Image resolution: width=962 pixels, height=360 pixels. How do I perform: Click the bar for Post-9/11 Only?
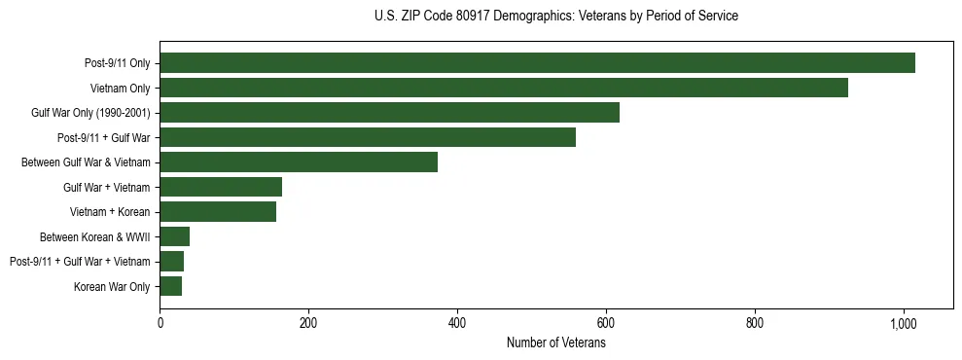[x=537, y=63]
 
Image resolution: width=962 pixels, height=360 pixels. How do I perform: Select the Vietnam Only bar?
[x=504, y=88]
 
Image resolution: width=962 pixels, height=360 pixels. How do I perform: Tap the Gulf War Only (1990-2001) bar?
[x=389, y=113]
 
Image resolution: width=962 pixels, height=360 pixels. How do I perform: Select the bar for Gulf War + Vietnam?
[x=221, y=187]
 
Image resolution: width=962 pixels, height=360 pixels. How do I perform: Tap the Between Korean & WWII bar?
[x=175, y=236]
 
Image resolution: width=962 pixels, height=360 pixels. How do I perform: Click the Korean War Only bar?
[x=171, y=286]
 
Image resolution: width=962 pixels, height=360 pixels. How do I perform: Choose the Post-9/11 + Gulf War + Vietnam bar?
[x=172, y=261]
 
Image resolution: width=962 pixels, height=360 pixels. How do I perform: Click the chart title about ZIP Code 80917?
[x=555, y=17]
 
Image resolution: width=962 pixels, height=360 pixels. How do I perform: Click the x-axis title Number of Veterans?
[x=555, y=343]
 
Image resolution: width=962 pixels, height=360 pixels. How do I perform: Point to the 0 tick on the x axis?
[x=160, y=323]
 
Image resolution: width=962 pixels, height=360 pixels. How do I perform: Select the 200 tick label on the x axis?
[x=308, y=323]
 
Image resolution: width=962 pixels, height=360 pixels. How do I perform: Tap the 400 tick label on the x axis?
[x=457, y=323]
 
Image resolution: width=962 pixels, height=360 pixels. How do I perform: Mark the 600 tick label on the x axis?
[x=606, y=323]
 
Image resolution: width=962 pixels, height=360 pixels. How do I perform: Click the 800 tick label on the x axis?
[x=755, y=323]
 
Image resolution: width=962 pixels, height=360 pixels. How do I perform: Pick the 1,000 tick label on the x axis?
[x=904, y=323]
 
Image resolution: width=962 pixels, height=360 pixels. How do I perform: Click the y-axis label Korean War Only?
[x=112, y=286]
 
